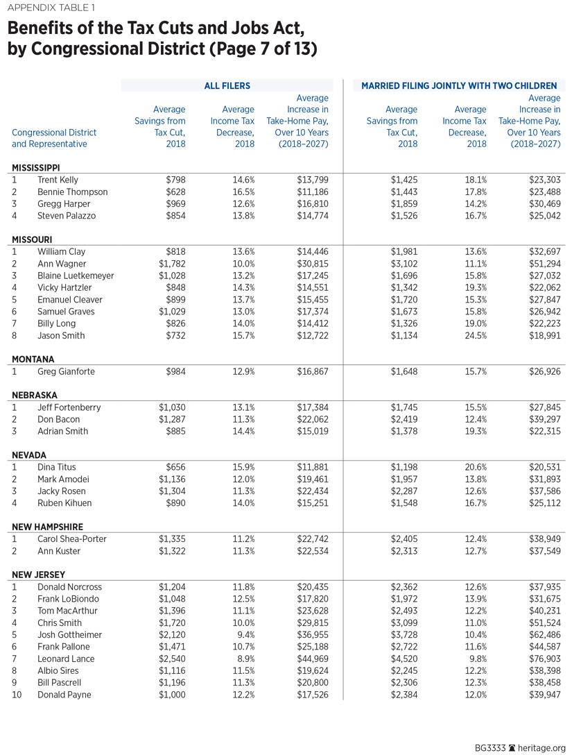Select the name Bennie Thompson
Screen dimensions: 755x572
[72, 192]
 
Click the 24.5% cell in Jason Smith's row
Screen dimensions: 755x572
[475, 335]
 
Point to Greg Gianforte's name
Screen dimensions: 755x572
[67, 371]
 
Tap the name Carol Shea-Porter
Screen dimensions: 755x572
[73, 539]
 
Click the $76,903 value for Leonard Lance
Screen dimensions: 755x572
[541, 659]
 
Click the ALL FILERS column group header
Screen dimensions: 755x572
[227, 86]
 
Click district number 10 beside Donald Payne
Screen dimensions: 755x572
[17, 695]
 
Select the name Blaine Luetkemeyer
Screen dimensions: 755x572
[76, 275]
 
